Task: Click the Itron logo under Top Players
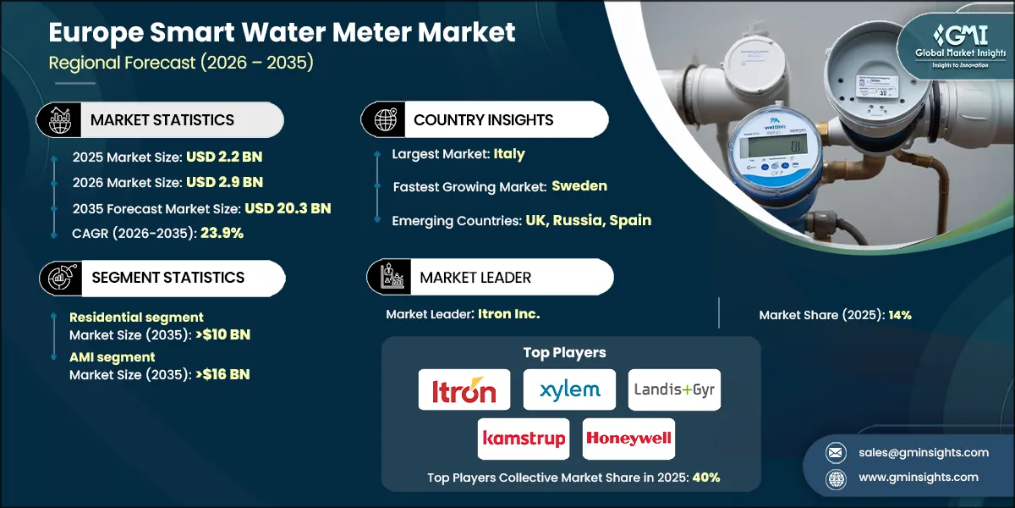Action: coord(464,390)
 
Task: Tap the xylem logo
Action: coord(568,390)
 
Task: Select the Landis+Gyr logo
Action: coord(674,390)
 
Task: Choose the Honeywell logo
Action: coord(628,439)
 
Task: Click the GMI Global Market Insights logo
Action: coord(951,47)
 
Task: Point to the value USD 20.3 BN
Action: coord(288,207)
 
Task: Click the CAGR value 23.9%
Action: coord(222,233)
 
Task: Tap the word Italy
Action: coord(509,154)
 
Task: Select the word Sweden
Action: coord(579,185)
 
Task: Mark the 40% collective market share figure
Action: coord(706,477)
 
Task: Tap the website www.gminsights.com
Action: coord(918,477)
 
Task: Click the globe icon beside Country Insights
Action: coord(386,119)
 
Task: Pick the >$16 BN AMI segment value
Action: coord(220,374)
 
